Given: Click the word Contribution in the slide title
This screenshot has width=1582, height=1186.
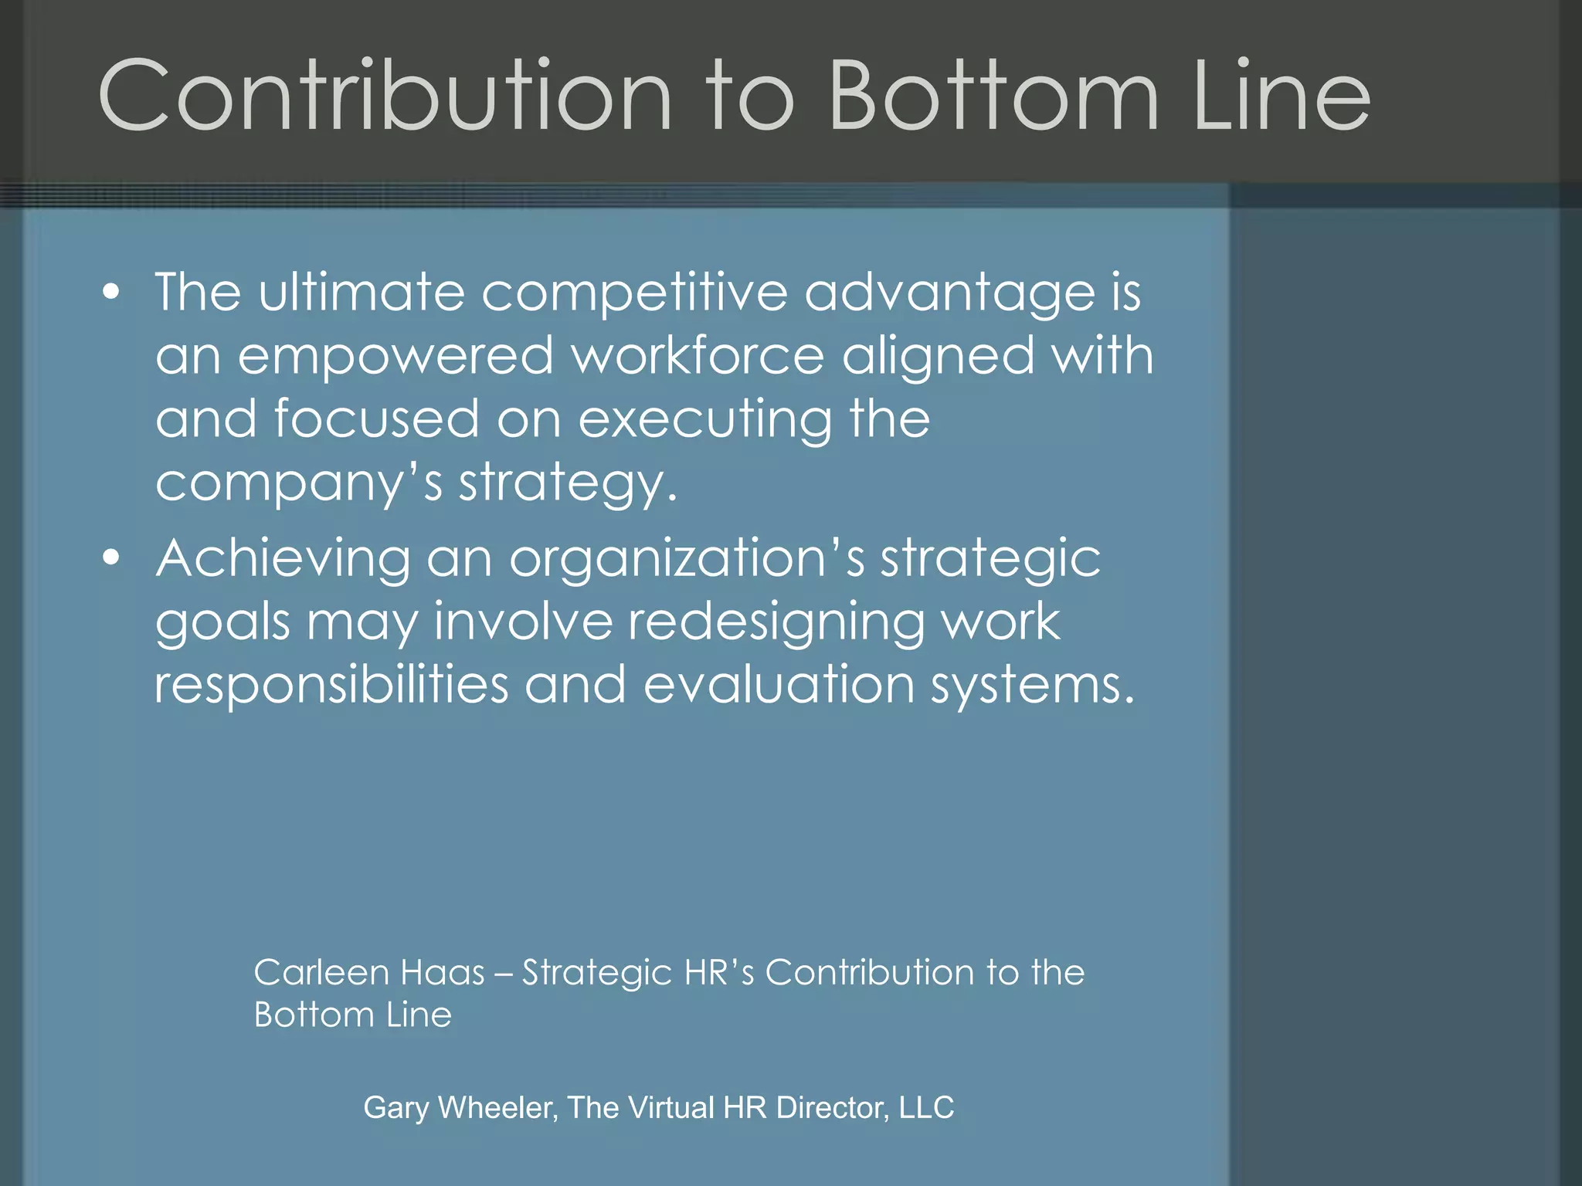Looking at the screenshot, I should click(385, 96).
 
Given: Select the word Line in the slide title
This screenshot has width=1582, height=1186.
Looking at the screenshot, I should click(1282, 96).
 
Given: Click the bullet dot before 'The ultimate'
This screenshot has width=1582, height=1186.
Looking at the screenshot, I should click(112, 293).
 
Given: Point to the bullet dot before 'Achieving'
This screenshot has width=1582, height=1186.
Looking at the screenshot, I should click(112, 557).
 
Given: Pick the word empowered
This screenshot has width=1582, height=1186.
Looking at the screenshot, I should click(395, 356).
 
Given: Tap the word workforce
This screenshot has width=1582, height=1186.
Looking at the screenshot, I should click(698, 356).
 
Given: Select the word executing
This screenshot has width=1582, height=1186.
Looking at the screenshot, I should click(705, 420).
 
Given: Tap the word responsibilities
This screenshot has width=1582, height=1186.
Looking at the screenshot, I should click(331, 685).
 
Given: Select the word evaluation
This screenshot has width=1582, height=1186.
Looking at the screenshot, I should click(779, 685).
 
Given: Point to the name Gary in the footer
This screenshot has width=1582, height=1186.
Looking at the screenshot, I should click(395, 1108).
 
